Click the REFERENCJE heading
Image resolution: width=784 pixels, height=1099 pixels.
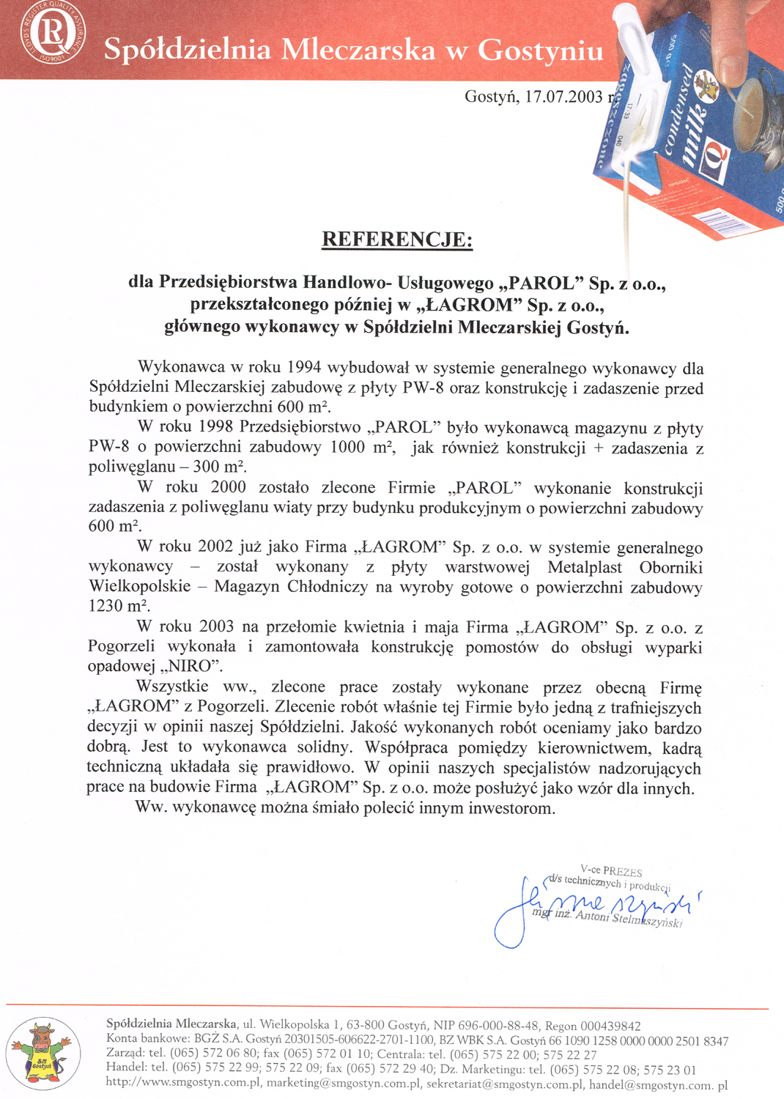tap(397, 240)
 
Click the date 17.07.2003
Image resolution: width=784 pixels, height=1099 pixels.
tap(563, 97)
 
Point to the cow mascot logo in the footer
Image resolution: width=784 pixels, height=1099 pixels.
tap(42, 1053)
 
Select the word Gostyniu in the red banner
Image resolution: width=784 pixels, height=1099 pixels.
tap(541, 50)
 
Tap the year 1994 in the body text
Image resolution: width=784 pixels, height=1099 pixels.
tap(304, 368)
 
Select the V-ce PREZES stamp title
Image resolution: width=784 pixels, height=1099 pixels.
tap(612, 871)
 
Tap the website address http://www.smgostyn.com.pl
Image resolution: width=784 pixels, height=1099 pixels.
tap(184, 1083)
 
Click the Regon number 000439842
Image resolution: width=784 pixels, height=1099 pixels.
tap(611, 1026)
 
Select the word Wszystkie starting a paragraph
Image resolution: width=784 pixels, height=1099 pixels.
tap(173, 687)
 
